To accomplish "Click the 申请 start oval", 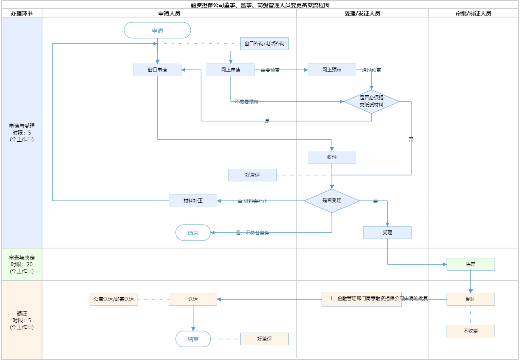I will [x=157, y=31].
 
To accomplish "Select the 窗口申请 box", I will [x=157, y=70].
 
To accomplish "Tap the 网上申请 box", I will [x=231, y=70].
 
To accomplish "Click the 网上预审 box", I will [x=332, y=70].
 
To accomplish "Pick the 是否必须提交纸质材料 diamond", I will [x=372, y=101].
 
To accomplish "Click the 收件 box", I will [x=332, y=157].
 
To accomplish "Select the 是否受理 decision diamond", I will [x=332, y=201].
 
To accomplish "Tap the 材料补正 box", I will [x=193, y=201].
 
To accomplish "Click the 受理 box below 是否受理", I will [x=387, y=233].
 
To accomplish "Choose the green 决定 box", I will [x=471, y=264].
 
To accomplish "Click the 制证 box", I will [x=471, y=299].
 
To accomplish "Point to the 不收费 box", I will [x=471, y=331].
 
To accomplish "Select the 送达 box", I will [x=193, y=299].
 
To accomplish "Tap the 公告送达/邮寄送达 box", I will [x=114, y=299].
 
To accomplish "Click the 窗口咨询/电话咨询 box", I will [x=264, y=44].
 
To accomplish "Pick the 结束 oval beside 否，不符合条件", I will [x=193, y=233].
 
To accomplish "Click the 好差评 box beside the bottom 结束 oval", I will [x=264, y=339].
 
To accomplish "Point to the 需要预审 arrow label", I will [x=270, y=70].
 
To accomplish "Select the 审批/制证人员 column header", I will [x=473, y=13].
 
